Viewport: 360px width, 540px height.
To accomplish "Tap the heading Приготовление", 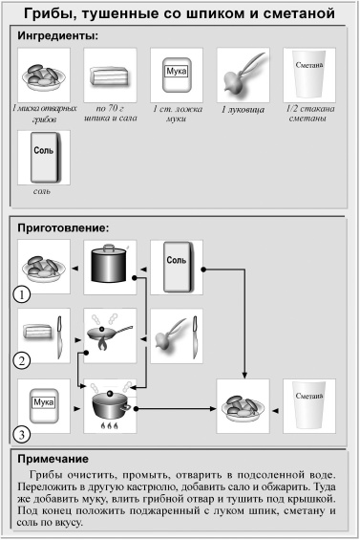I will coord(64,229).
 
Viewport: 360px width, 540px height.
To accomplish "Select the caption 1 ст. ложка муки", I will coord(174,115).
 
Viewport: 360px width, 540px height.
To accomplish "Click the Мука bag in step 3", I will coord(42,405).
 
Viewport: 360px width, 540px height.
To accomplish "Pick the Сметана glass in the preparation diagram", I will coord(308,405).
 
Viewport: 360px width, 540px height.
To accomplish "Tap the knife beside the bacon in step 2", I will coord(60,335).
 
